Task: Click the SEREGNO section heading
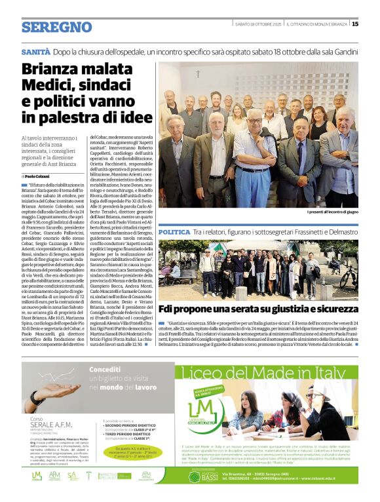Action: point(56,27)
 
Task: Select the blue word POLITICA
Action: point(174,232)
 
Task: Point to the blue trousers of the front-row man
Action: point(256,190)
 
